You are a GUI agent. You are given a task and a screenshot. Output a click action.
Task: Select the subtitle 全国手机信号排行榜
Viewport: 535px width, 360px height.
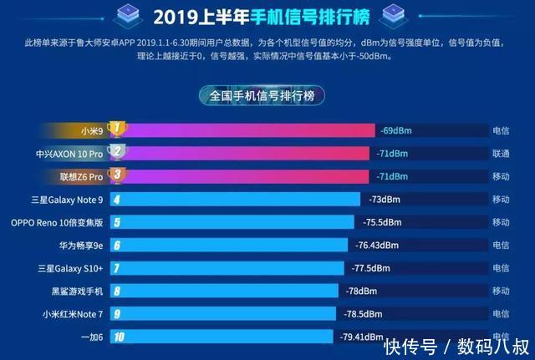[267, 96]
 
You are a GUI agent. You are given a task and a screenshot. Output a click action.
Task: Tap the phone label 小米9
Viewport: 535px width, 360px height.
[93, 130]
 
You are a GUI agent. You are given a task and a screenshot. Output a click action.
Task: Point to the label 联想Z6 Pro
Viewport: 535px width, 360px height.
[82, 176]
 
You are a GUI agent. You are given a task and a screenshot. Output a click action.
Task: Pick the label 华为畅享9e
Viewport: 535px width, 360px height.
[79, 246]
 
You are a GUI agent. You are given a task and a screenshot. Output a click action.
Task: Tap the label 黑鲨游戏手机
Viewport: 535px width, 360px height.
[77, 292]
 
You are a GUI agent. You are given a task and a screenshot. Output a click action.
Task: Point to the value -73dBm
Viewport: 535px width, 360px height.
[385, 200]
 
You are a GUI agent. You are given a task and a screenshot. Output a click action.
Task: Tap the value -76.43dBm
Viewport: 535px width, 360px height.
[379, 246]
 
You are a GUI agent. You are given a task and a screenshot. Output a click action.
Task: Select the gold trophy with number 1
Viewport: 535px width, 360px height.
[118, 129]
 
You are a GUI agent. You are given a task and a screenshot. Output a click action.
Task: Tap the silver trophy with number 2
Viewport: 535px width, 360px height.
[118, 153]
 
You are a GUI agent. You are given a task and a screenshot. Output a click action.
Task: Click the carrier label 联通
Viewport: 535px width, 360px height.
[501, 154]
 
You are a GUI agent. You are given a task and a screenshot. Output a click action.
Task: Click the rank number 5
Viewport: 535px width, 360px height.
[117, 222]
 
